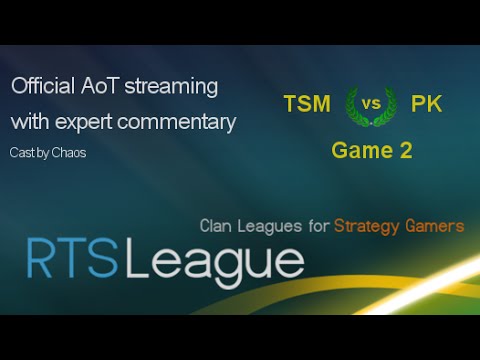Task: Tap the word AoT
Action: pos(100,87)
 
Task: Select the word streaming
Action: pos(171,87)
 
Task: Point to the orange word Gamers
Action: pos(437,226)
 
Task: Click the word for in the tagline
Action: pos(318,226)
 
